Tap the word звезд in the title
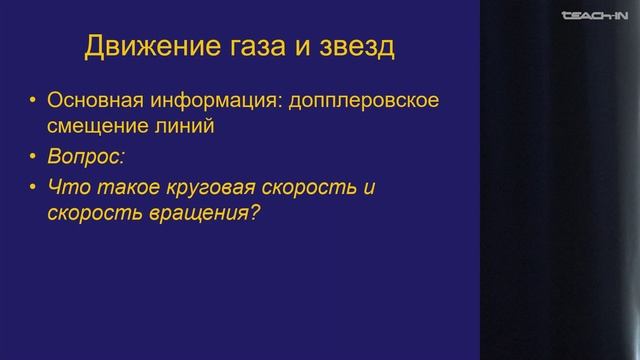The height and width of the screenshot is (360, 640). tap(353, 47)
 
